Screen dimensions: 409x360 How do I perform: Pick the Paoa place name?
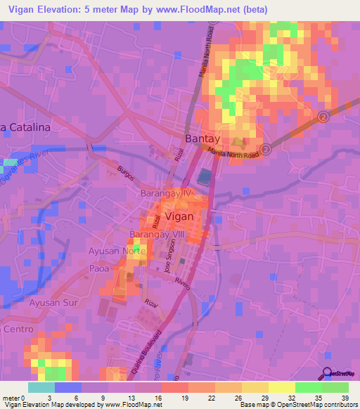tap(100, 268)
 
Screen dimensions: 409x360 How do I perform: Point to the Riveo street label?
tap(184, 282)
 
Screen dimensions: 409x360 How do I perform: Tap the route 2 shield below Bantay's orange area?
tap(266, 149)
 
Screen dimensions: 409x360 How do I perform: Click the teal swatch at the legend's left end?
tap(41, 387)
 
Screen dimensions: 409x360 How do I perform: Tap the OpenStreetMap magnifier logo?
tap(326, 373)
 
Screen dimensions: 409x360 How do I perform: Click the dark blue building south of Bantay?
tap(204, 176)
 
